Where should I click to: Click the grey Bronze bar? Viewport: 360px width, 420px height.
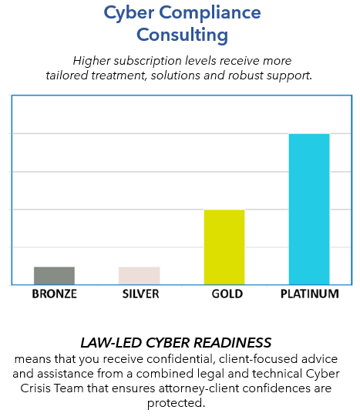(54, 276)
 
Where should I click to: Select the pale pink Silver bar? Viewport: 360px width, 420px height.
(140, 276)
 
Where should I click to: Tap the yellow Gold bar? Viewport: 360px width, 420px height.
(224, 247)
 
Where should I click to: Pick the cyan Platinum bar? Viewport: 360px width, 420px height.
(309, 209)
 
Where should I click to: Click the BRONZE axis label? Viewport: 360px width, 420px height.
(55, 294)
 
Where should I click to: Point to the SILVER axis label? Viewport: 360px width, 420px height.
(140, 294)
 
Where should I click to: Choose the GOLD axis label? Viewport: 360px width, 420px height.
(227, 294)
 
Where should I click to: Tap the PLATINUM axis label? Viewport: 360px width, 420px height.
(310, 294)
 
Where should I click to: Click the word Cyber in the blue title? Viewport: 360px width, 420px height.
(129, 13)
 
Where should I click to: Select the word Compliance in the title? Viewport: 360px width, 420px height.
(210, 13)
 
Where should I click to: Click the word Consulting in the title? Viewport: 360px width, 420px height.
(183, 35)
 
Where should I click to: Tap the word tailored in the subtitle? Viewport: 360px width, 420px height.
(67, 76)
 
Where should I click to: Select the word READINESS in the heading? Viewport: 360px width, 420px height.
(232, 343)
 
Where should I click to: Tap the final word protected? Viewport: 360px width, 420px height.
(177, 403)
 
